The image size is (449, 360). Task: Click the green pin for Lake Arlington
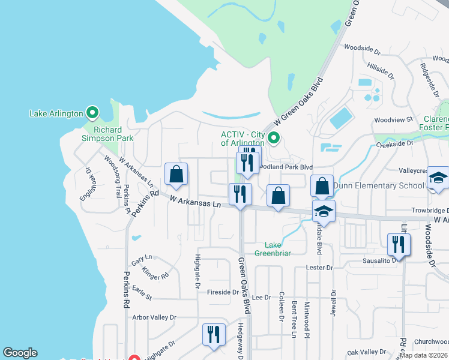[x=92, y=113]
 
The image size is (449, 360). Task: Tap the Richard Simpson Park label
[x=107, y=134]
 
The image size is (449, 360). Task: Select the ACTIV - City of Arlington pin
[x=274, y=139]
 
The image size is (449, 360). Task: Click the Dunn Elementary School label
[x=378, y=185]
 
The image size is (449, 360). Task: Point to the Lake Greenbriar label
[x=278, y=248]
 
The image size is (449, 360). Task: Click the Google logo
[x=20, y=353]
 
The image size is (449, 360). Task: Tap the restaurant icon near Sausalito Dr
[x=399, y=245]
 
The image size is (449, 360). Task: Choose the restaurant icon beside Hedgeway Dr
[x=213, y=335]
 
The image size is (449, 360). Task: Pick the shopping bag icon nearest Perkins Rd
[x=176, y=175]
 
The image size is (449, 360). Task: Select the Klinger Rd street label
[x=156, y=275]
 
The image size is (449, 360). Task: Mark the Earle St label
[x=142, y=293]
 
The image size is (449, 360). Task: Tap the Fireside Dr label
[x=223, y=292]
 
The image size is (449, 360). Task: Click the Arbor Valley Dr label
[x=154, y=317]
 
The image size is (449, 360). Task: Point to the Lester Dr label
[x=319, y=267]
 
